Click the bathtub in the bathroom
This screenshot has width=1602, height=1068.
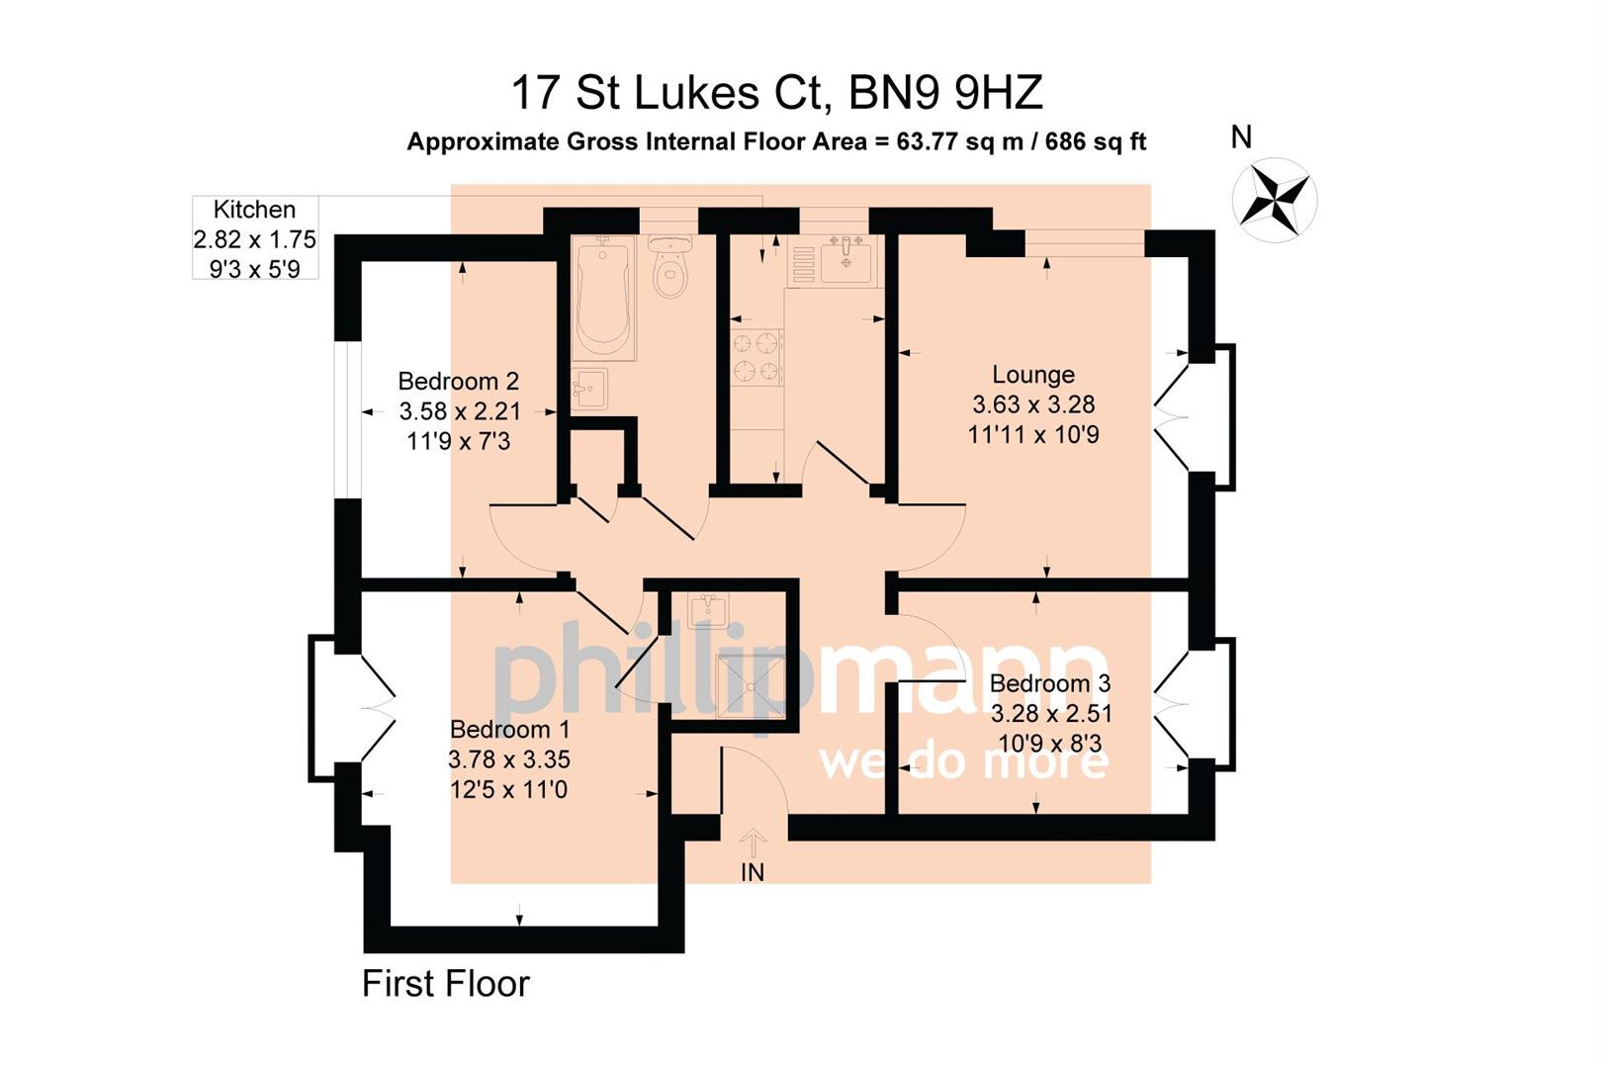tap(602, 298)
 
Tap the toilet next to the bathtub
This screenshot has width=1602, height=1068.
tap(671, 267)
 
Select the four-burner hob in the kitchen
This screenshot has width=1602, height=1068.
tap(756, 357)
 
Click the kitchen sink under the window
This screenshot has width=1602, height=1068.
tap(845, 260)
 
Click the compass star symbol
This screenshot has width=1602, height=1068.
tap(1274, 200)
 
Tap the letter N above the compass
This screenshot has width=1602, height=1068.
tap(1241, 137)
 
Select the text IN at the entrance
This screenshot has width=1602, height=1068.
tap(753, 872)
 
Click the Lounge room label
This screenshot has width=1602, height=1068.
tap(1033, 375)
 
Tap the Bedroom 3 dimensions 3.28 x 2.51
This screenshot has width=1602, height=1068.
tap(1051, 713)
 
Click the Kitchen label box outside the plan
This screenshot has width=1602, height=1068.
tap(255, 238)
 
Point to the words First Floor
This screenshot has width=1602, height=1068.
tap(446, 983)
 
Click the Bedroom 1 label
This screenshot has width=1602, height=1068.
tap(509, 730)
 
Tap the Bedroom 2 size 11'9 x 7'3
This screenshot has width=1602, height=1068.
tap(458, 441)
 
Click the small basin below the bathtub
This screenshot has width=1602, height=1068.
tap(589, 388)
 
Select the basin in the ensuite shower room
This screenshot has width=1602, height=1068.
tap(707, 610)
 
